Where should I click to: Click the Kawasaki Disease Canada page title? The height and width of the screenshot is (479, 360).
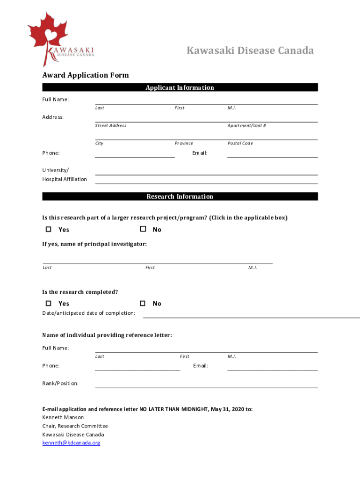250,51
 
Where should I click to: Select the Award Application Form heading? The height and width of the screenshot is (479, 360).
86,75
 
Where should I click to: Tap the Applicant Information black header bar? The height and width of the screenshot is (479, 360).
180,87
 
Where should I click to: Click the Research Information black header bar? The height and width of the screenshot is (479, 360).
180,196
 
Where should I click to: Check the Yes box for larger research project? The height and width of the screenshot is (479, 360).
48,229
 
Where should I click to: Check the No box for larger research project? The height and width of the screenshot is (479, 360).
143,229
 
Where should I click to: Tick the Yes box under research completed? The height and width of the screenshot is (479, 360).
48,303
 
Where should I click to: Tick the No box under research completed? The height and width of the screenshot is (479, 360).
143,303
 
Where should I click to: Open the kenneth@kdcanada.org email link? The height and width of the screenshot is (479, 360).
71,443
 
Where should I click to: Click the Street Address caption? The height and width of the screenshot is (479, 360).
111,125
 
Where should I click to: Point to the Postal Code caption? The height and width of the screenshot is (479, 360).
240,143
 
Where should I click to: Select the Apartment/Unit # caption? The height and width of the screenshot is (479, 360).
247,125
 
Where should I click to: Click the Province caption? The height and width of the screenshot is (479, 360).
184,143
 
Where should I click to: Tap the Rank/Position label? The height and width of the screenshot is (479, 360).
60,383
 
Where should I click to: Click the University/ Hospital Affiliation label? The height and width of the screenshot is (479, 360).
65,174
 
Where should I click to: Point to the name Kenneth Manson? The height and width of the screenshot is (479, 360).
63,417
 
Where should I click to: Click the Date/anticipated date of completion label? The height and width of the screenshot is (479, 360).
89,313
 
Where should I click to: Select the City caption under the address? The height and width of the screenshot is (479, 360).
100,143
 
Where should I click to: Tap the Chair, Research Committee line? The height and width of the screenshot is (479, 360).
75,426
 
